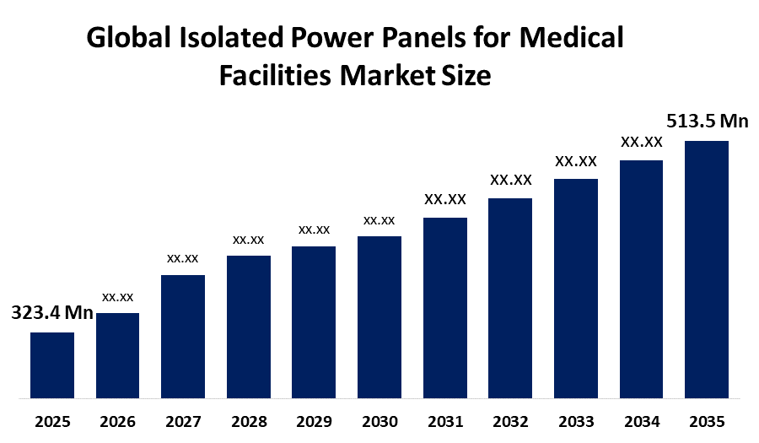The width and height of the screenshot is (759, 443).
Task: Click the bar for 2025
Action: tap(52, 365)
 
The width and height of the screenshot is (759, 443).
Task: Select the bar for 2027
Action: tap(183, 336)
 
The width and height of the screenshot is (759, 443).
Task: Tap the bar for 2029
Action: tap(314, 321)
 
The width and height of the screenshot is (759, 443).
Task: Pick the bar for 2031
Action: tap(444, 307)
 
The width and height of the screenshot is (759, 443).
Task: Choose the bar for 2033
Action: tap(575, 288)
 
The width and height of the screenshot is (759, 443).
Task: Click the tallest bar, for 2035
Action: tap(706, 268)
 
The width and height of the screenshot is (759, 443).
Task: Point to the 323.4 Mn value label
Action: tap(51, 313)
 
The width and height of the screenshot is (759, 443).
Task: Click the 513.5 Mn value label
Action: tap(707, 122)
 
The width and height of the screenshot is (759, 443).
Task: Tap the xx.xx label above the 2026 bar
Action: tap(117, 297)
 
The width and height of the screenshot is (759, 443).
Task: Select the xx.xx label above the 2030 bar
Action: tap(379, 220)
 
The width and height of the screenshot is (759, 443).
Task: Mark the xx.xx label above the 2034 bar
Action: tap(641, 142)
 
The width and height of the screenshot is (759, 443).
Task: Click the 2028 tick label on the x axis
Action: tap(248, 421)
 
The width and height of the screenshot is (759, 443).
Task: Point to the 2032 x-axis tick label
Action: tap(509, 421)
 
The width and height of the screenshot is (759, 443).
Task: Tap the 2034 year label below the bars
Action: tap(641, 421)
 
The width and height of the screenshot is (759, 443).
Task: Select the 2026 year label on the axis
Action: tap(117, 421)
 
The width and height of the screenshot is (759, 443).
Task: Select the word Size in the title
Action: tap(465, 76)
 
